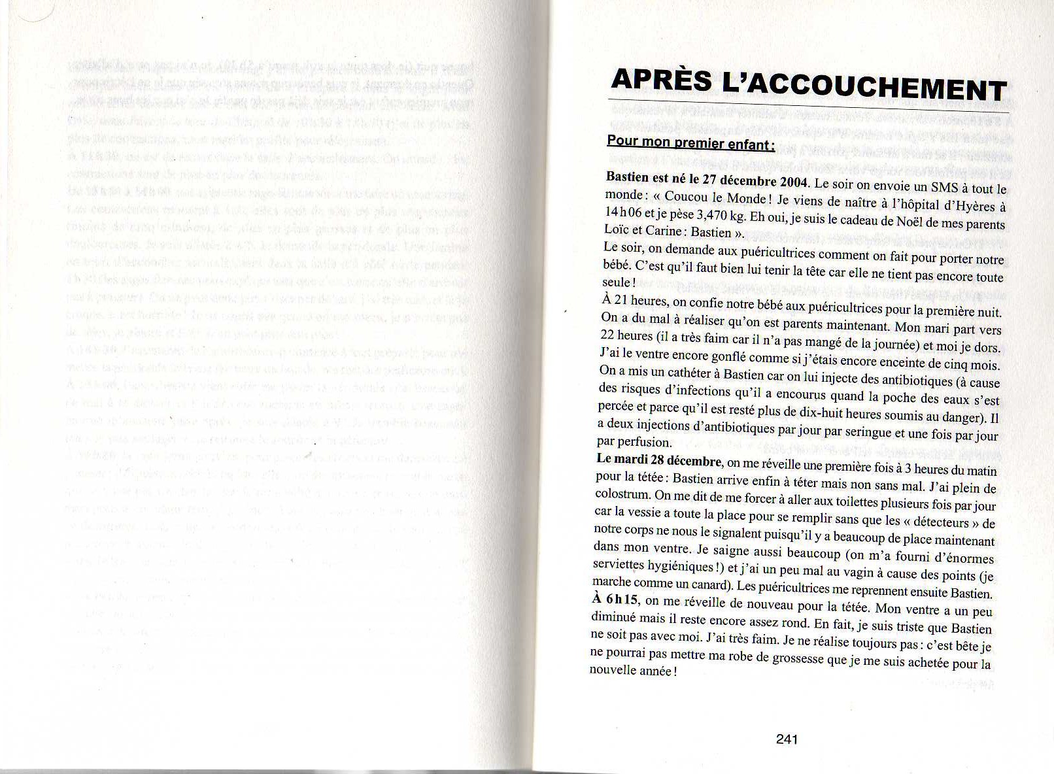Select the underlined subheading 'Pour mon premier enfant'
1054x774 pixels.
(x=690, y=142)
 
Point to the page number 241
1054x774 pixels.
(x=787, y=739)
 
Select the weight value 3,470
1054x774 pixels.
(x=714, y=216)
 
